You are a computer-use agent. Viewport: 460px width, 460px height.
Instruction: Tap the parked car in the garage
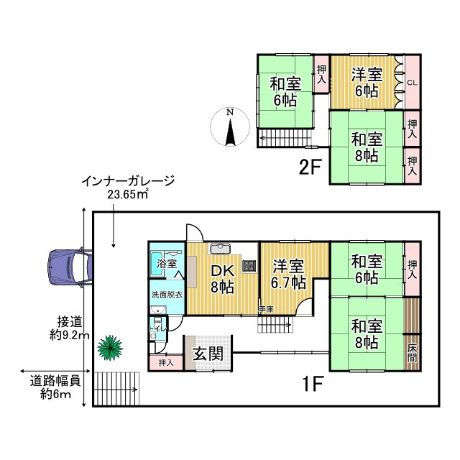pos(68,267)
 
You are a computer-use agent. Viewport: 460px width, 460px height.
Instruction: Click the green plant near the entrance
pos(110,349)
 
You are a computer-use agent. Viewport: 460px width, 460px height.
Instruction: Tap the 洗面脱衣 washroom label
pos(166,294)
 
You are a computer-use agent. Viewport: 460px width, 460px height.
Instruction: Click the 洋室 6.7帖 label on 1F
pos(288,274)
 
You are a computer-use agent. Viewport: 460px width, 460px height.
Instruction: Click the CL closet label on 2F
pos(412,83)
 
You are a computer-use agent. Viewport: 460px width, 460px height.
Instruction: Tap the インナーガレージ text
pos(128,180)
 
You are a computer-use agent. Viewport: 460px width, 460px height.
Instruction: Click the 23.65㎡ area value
pos(127,193)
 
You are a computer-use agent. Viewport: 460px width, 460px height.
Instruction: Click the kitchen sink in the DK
pos(220,249)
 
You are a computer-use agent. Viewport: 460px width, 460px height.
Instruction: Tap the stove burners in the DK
pos(249,264)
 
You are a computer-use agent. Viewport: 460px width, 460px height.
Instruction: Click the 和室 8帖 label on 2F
pos(367,147)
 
